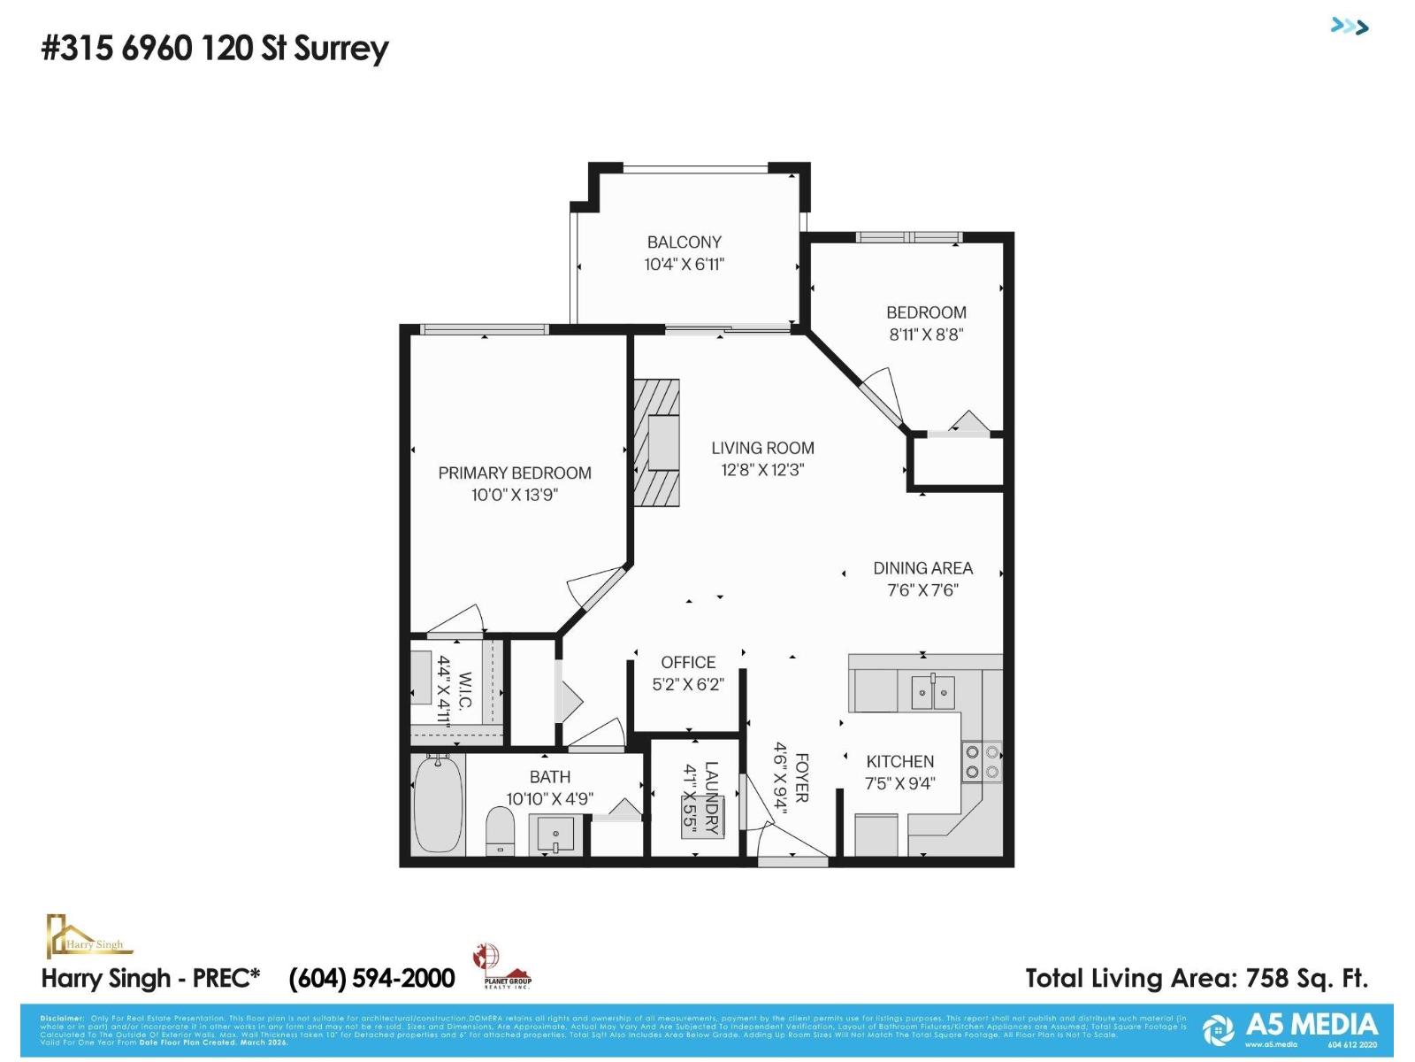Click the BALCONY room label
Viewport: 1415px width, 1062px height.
click(684, 242)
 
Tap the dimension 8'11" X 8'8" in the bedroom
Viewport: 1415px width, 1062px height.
click(926, 335)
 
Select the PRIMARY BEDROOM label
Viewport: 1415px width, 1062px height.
click(515, 473)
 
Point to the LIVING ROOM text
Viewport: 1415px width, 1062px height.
click(762, 448)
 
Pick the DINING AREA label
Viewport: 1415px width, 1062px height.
click(922, 568)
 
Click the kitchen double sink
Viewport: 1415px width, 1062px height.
click(933, 691)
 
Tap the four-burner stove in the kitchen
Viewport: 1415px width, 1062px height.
click(982, 762)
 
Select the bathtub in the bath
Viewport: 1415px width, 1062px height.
click(438, 804)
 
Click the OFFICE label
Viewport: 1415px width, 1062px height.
click(688, 662)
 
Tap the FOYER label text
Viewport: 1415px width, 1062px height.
click(801, 778)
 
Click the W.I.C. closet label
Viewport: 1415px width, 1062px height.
click(465, 691)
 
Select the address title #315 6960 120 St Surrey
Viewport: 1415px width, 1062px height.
click(215, 48)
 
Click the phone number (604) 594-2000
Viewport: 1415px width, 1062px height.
click(371, 978)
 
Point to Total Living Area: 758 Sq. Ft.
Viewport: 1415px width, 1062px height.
click(1196, 978)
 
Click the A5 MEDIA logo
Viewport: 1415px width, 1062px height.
click(1291, 1027)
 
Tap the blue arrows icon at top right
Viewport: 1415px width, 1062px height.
click(1350, 27)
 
